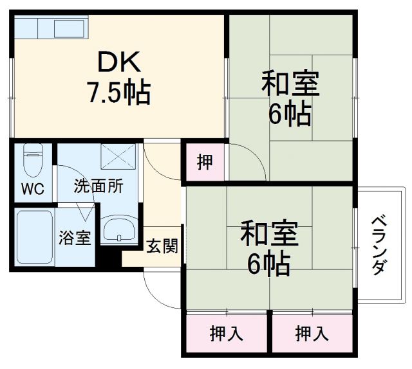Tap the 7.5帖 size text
click(119, 93)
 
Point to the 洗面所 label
click(98, 187)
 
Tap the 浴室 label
click(75, 237)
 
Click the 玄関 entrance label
click(162, 246)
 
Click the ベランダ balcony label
click(379, 244)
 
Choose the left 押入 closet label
click(226, 334)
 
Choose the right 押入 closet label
click(312, 334)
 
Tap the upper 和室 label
click(289, 84)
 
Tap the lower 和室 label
click(269, 233)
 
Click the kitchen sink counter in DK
click(52, 28)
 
